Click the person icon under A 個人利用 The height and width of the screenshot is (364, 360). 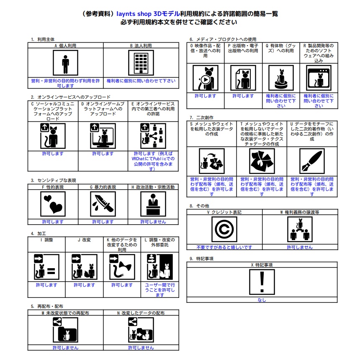[x=65, y=63]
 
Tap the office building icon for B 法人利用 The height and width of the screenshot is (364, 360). [x=141, y=63]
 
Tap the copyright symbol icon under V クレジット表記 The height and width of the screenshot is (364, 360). [x=224, y=229]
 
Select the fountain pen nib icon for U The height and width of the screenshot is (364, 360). [x=312, y=161]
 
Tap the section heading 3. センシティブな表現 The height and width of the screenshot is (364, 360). [x=53, y=180]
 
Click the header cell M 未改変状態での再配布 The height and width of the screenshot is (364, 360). [x=65, y=313]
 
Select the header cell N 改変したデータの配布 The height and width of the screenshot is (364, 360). [x=141, y=313]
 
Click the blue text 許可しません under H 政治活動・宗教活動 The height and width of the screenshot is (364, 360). [x=153, y=222]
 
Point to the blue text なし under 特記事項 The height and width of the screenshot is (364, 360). [x=262, y=300]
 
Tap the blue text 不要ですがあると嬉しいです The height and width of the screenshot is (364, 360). [x=225, y=247]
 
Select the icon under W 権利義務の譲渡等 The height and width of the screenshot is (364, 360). [x=300, y=229]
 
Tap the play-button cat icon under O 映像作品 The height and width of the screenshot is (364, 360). [x=206, y=78]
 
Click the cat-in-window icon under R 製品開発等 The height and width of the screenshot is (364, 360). [x=319, y=78]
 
